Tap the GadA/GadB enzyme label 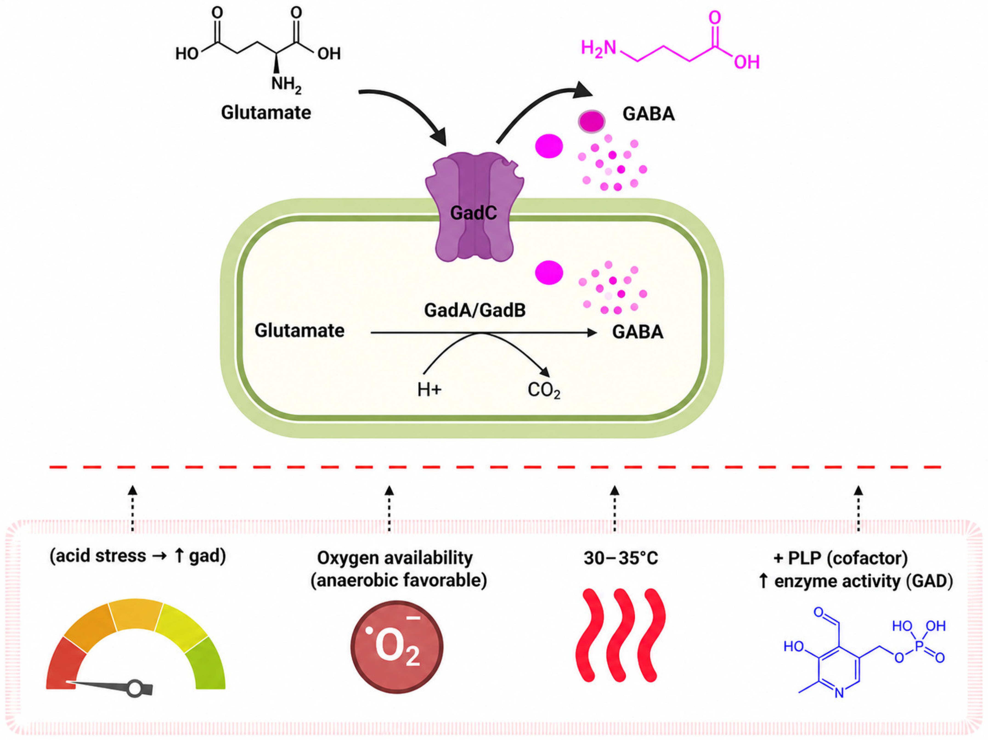(475, 310)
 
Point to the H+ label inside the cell (429, 390)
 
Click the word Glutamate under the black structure (266, 113)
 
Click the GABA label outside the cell (649, 114)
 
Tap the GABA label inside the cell (637, 332)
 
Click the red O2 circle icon (397, 646)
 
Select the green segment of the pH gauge (206, 664)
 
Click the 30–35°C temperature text (620, 558)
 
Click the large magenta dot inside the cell (549, 272)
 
